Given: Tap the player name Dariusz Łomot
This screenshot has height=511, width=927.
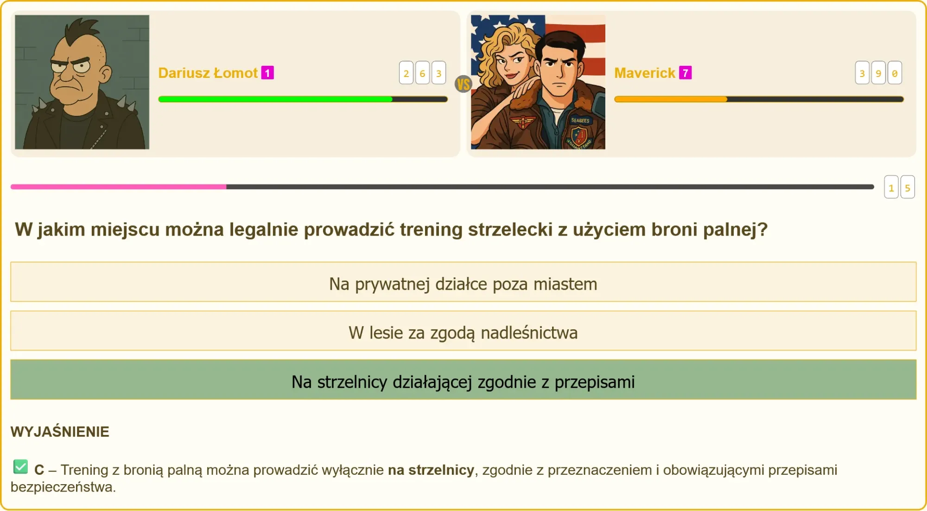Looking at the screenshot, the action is [x=208, y=73].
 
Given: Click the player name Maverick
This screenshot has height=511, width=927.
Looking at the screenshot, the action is [x=644, y=73].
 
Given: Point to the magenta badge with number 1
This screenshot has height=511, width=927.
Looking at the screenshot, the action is [x=267, y=73].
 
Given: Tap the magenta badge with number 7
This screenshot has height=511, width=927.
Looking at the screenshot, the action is [x=686, y=73].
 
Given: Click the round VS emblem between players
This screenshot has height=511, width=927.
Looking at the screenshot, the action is [x=463, y=84].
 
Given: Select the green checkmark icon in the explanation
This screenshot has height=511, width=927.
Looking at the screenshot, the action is [x=21, y=466].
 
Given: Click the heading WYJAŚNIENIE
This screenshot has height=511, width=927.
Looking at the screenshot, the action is [x=60, y=432].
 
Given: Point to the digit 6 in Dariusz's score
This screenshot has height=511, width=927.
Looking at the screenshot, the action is [x=422, y=73].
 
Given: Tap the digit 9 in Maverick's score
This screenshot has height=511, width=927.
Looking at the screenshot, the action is [x=878, y=73].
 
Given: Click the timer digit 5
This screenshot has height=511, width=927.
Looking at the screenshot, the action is [x=908, y=187].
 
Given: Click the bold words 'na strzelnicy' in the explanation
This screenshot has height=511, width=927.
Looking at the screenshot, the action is [x=431, y=470].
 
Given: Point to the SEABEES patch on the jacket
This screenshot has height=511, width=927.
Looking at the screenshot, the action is [x=580, y=121].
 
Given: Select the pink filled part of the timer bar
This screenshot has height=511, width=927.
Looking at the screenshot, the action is [x=119, y=187].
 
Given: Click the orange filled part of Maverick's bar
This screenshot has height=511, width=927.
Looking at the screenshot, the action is [x=671, y=99].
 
